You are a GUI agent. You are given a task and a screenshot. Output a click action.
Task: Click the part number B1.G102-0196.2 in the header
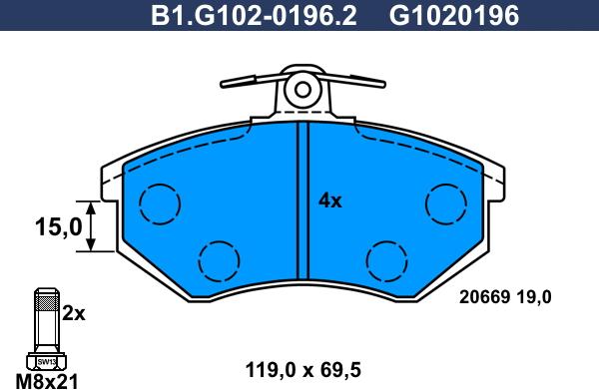click(254, 16)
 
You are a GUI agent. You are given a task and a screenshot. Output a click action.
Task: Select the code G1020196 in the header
click(454, 16)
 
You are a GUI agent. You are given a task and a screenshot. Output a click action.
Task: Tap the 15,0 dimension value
click(59, 226)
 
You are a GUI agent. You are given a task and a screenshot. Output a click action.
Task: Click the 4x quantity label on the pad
click(330, 200)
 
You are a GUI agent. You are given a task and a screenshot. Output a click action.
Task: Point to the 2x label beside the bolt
click(74, 313)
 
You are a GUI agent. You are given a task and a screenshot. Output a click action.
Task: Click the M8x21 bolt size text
click(47, 381)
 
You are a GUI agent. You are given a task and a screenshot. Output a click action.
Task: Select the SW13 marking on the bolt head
click(47, 361)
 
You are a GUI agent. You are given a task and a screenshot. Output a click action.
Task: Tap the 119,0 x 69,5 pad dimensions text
click(302, 370)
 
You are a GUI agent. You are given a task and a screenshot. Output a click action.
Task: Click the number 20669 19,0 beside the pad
click(505, 297)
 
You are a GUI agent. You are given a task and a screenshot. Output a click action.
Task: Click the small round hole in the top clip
click(302, 90)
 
